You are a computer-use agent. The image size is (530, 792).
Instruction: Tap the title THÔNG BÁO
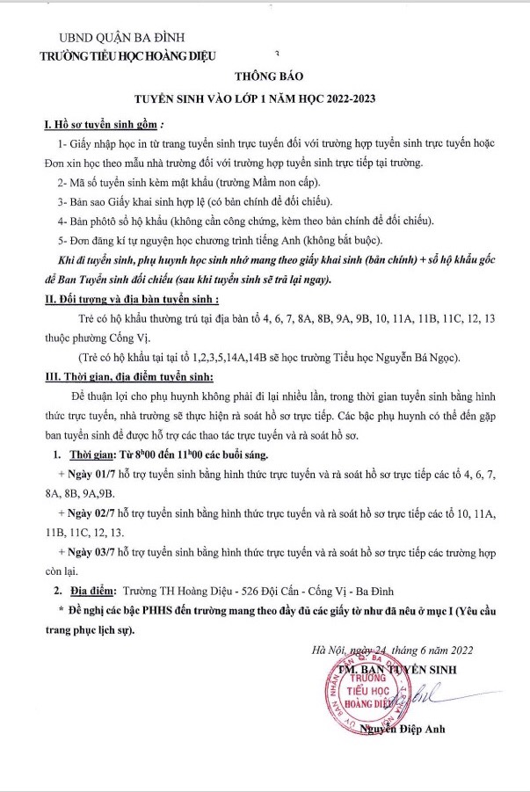(x=265, y=77)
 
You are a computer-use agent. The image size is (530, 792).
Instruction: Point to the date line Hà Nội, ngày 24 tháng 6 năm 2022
(x=393, y=651)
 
